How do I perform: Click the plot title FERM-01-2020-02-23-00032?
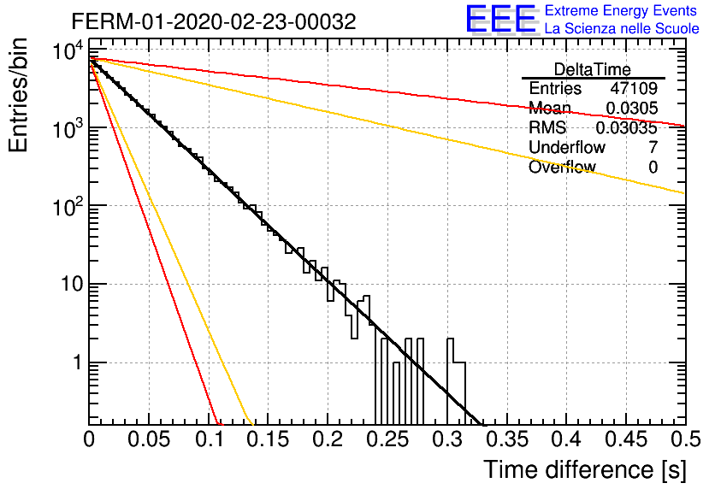pyautogui.click(x=214, y=21)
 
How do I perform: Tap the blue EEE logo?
pyautogui.click(x=500, y=19)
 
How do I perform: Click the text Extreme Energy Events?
pyautogui.click(x=621, y=10)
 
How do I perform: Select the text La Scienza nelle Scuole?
pyautogui.click(x=622, y=29)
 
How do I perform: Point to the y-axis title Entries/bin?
pyautogui.click(x=18, y=96)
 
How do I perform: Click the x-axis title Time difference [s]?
pyautogui.click(x=585, y=469)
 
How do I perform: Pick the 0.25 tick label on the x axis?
pyautogui.click(x=387, y=439)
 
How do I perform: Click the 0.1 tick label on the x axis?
pyautogui.click(x=210, y=439)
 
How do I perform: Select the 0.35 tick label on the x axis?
pyautogui.click(x=507, y=439)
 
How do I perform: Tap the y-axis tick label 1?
pyautogui.click(x=77, y=363)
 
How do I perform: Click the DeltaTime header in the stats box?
pyautogui.click(x=593, y=69)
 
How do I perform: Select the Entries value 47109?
pyautogui.click(x=634, y=88)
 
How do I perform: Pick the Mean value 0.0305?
pyautogui.click(x=631, y=108)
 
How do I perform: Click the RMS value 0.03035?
pyautogui.click(x=627, y=128)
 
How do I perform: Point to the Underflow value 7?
pyautogui.click(x=653, y=147)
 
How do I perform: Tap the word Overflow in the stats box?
pyautogui.click(x=562, y=167)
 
